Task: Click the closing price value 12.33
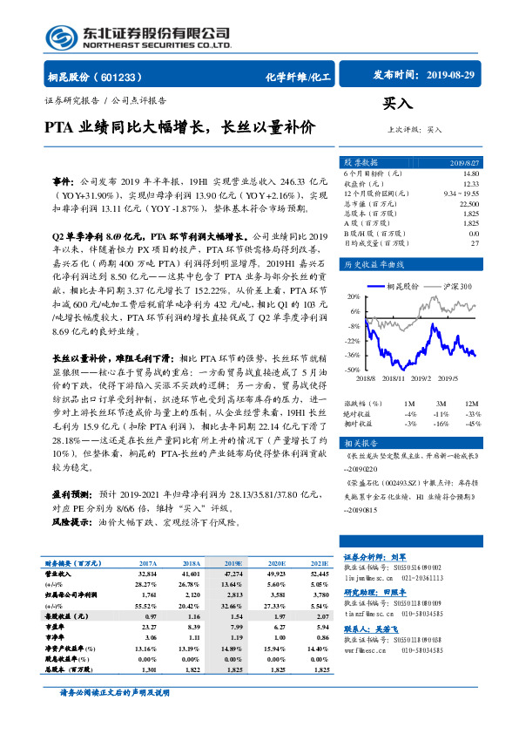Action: tap(470, 183)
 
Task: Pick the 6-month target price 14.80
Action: tap(470, 174)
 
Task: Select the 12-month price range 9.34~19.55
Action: tap(462, 193)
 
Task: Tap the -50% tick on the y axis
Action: tap(352, 370)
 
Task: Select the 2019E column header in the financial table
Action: tap(234, 565)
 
